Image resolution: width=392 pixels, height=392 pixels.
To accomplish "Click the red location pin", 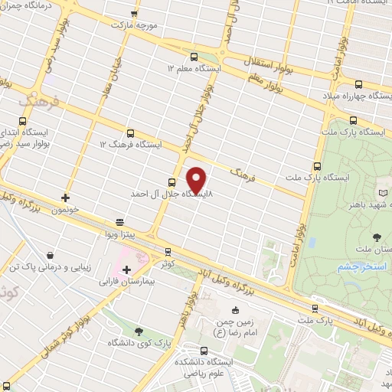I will (x=197, y=179).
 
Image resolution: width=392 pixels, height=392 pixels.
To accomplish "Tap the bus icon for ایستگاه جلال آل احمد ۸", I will (x=171, y=182).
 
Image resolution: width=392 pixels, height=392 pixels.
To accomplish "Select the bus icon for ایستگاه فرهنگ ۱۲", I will (x=130, y=133).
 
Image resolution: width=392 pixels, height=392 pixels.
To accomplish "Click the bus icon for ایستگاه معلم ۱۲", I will (x=193, y=56).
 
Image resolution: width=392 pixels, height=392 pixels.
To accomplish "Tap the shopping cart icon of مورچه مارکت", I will (x=135, y=13).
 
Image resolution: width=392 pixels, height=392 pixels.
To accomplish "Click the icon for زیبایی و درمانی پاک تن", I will (x=50, y=256).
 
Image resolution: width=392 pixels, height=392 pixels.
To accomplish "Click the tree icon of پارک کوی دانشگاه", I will (x=139, y=331).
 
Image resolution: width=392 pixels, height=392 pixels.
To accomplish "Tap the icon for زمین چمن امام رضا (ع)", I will (x=235, y=310).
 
